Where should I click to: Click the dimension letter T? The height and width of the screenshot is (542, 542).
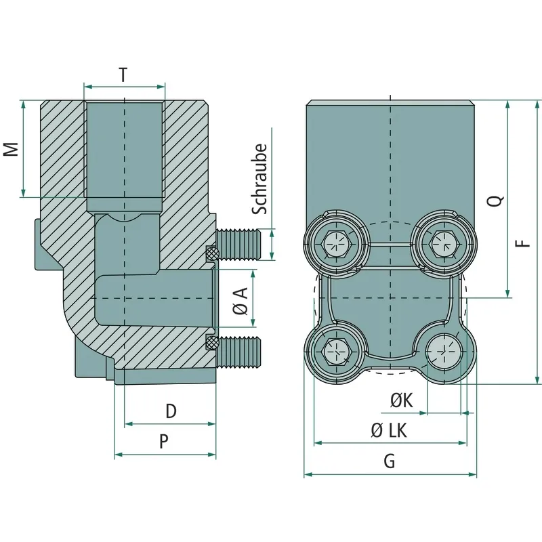[x=123, y=75]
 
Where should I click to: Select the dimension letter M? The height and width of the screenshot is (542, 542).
[x=12, y=149]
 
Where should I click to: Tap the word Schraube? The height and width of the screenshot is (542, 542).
[x=259, y=179]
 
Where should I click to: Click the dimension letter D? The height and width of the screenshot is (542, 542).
[x=171, y=411]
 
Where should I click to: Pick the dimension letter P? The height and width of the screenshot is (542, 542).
[x=164, y=442]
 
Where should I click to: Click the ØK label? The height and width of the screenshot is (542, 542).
[x=402, y=400]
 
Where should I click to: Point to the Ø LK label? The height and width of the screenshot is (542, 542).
[x=389, y=431]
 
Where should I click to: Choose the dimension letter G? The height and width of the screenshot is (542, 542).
[x=390, y=461]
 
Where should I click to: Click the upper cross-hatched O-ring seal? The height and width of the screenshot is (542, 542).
[x=212, y=253]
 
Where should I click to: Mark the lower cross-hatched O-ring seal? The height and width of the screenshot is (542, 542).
[x=211, y=343]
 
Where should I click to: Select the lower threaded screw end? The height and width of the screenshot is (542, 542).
[x=239, y=352]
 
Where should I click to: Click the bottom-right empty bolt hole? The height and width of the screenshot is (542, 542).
[x=444, y=352]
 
